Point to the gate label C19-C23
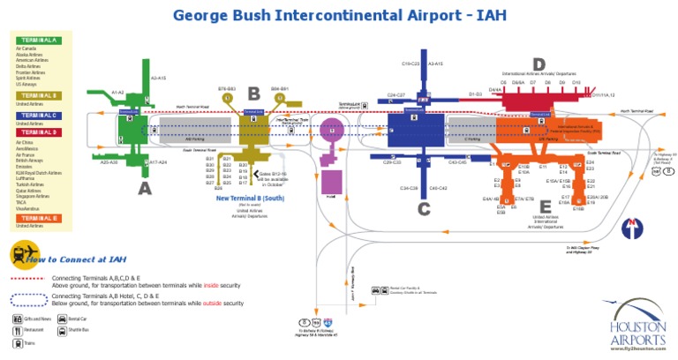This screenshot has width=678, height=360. [411, 64]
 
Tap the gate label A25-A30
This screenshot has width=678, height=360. [109, 162]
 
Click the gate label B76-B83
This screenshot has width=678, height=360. [226, 89]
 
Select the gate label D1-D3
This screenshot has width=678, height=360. [475, 93]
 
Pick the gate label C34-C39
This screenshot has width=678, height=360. [408, 188]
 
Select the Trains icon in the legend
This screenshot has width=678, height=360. [17, 341]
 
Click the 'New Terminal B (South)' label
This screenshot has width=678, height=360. [248, 199]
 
